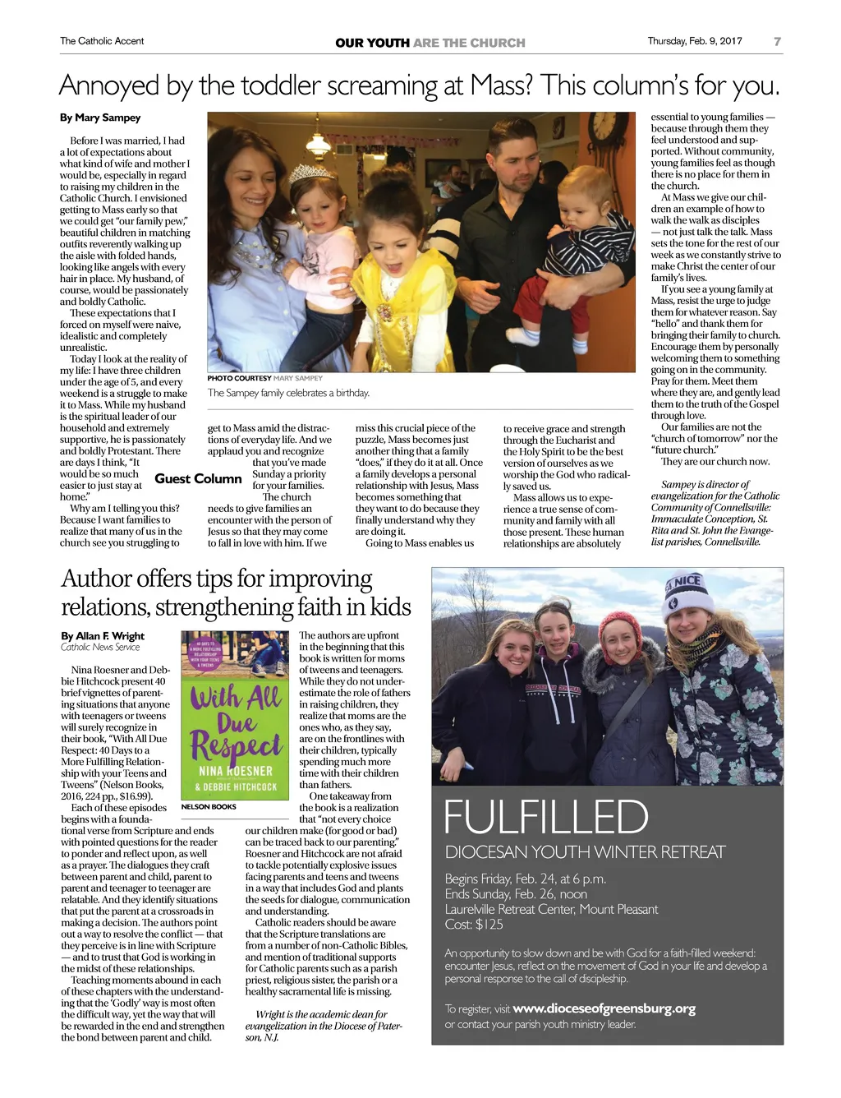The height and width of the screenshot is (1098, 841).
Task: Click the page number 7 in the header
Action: [x=777, y=41]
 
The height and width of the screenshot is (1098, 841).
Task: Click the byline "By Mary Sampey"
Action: [x=100, y=118]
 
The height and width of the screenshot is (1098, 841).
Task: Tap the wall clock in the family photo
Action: [x=604, y=126]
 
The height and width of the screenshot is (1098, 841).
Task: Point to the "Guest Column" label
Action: [x=198, y=478]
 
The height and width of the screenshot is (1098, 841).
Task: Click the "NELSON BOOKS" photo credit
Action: [x=209, y=807]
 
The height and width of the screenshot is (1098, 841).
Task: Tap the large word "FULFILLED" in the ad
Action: [x=546, y=817]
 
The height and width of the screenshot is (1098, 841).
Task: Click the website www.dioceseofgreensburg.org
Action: [x=604, y=1008]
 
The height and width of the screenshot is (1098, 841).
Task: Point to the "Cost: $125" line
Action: [x=474, y=924]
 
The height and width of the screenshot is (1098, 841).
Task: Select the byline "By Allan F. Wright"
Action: [x=103, y=635]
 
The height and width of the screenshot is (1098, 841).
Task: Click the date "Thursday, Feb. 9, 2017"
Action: [x=694, y=41]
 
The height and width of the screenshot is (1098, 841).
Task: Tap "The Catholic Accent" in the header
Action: [x=102, y=41]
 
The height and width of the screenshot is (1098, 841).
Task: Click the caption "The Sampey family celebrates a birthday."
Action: [x=288, y=393]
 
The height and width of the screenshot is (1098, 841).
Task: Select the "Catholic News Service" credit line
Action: [x=100, y=648]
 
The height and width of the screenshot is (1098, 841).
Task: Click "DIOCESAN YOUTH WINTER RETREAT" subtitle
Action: [x=585, y=852]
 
